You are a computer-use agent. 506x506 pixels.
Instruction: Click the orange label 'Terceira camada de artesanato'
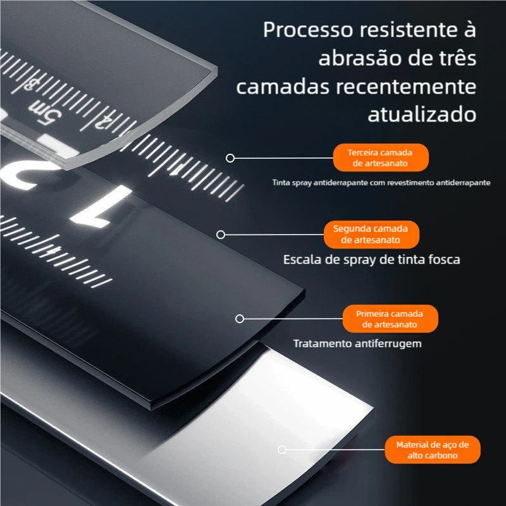[x=381, y=157]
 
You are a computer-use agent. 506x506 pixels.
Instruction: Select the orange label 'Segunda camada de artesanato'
[x=371, y=234]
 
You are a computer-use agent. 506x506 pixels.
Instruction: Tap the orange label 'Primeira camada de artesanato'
[x=390, y=319]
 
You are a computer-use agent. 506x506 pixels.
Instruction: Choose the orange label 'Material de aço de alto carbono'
[x=433, y=450]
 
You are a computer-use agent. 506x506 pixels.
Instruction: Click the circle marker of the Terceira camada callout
[x=230, y=158]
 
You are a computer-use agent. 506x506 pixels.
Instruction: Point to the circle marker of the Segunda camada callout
[x=221, y=235]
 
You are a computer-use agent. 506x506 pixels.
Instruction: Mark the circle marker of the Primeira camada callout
[x=240, y=319]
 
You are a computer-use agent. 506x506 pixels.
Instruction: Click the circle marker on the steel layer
[x=282, y=450]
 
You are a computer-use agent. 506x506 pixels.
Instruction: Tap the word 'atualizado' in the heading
[x=422, y=114]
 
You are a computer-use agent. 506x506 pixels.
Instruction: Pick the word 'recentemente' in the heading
[x=406, y=87]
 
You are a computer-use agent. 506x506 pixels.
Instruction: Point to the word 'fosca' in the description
[x=445, y=259]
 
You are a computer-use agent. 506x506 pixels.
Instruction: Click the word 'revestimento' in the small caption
[x=410, y=183]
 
